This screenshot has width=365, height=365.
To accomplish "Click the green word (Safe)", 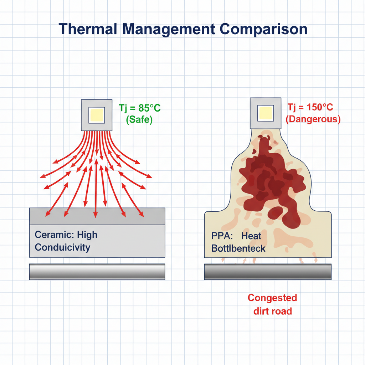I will click(x=139, y=120).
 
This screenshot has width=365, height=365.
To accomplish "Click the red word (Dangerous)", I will click(x=313, y=119).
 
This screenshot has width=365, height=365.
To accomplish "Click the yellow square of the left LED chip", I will click(x=97, y=115).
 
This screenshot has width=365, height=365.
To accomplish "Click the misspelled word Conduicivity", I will click(x=63, y=247).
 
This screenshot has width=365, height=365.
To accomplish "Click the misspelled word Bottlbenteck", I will click(x=238, y=248).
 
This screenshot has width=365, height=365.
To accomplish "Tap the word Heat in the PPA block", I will click(x=251, y=236).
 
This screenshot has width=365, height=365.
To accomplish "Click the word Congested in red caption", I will click(x=272, y=298).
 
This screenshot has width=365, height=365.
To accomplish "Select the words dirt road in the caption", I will click(x=272, y=311).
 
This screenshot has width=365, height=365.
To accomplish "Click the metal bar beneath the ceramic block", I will click(x=97, y=272).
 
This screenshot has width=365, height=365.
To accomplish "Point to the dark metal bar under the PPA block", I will click(x=268, y=272).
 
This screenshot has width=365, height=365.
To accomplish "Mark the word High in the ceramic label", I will click(x=87, y=235).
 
